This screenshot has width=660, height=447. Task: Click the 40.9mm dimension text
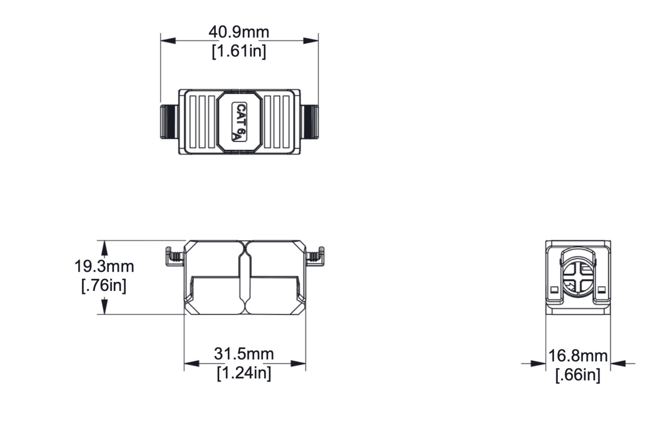click(x=239, y=32)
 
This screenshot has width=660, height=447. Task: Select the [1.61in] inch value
click(x=239, y=51)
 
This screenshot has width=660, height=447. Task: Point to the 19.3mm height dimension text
click(x=104, y=266)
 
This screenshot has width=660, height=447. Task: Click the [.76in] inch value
click(x=104, y=285)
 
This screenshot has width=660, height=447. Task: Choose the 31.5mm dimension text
click(x=244, y=354)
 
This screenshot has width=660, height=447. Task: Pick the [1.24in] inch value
click(x=244, y=373)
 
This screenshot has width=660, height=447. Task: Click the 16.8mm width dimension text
click(x=578, y=356)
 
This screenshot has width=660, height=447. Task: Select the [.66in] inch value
click(x=578, y=375)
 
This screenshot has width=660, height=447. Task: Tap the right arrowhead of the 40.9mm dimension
click(x=310, y=41)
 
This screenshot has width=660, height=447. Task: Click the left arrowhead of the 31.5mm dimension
click(x=192, y=364)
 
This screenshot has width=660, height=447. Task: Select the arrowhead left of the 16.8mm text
click(x=538, y=364)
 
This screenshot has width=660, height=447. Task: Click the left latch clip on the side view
click(x=175, y=256)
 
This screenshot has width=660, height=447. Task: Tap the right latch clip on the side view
click(x=315, y=256)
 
